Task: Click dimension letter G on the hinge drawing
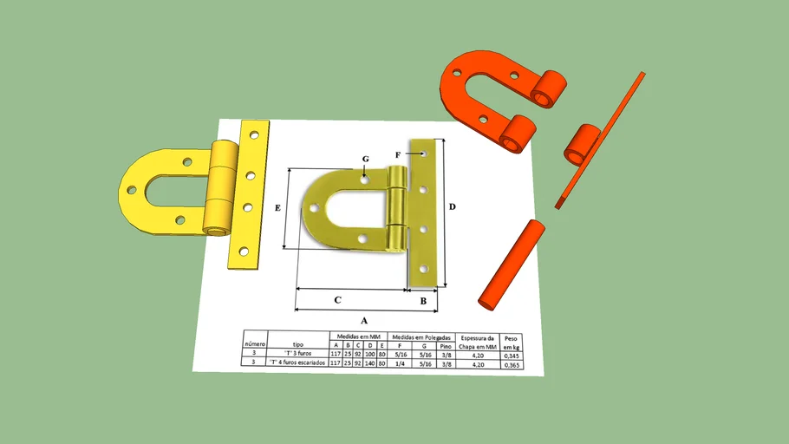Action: coord(365,160)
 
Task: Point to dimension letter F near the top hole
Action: coord(398,154)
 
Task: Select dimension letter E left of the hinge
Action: coord(277,208)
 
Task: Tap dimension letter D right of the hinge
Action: coord(452,207)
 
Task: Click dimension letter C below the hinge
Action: coord(337,300)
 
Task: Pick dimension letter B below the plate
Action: coord(423,301)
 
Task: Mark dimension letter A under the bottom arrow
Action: coord(364,320)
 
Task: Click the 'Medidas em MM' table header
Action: coord(359,336)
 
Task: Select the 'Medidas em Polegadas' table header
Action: coord(421,336)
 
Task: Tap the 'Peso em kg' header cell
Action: coord(512,341)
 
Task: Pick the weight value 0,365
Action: coord(513,364)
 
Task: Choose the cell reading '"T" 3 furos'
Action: coord(298,354)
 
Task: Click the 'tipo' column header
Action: coord(298,343)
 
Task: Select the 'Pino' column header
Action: coord(445,345)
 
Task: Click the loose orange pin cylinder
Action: coord(512,264)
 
